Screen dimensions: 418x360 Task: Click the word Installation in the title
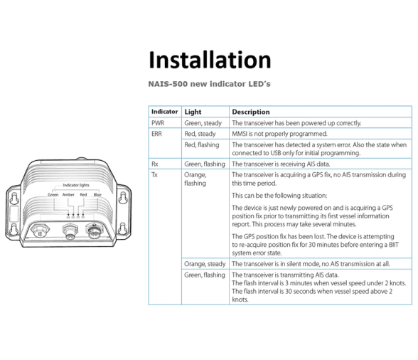[x=210, y=60]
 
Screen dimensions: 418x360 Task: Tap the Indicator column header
[x=164, y=112]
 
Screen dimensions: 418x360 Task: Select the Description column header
[x=251, y=112]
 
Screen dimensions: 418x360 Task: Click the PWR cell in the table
[x=158, y=123]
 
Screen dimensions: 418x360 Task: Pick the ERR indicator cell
[x=156, y=134]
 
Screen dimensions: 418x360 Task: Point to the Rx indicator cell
[x=155, y=164]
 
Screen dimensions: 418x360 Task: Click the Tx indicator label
[x=154, y=175]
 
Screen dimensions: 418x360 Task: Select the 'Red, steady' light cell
[x=200, y=134]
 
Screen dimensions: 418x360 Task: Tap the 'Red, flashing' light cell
[x=202, y=145]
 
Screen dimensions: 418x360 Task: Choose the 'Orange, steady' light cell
[x=205, y=264]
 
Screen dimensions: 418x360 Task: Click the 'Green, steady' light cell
[x=203, y=123]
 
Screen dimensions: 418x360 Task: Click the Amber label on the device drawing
[x=68, y=195]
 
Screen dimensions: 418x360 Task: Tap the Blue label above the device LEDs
[x=97, y=195]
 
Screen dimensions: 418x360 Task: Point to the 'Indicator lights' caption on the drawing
[x=76, y=185]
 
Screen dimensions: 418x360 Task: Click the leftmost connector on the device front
[x=40, y=231]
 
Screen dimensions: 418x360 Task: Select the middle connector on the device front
[x=70, y=232]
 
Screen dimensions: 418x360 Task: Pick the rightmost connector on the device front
[x=94, y=231]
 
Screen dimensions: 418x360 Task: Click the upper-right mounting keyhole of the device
[x=123, y=198]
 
